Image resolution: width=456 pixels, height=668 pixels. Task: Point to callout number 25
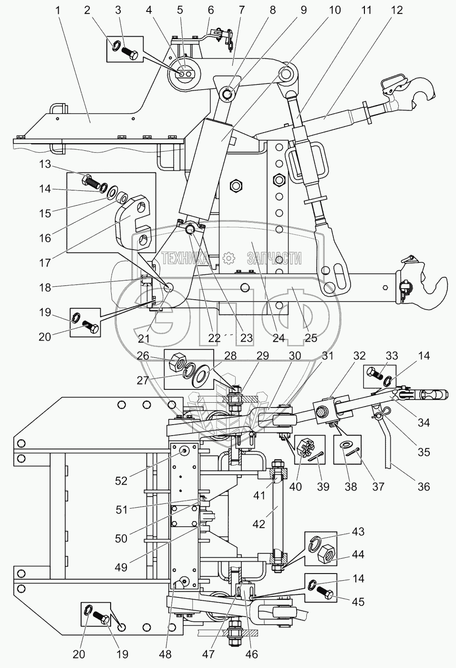(311, 338)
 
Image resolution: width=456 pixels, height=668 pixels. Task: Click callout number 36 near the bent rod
(424, 486)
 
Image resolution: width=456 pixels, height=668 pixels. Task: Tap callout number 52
(121, 481)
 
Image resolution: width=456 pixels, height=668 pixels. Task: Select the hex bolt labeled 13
(92, 181)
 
